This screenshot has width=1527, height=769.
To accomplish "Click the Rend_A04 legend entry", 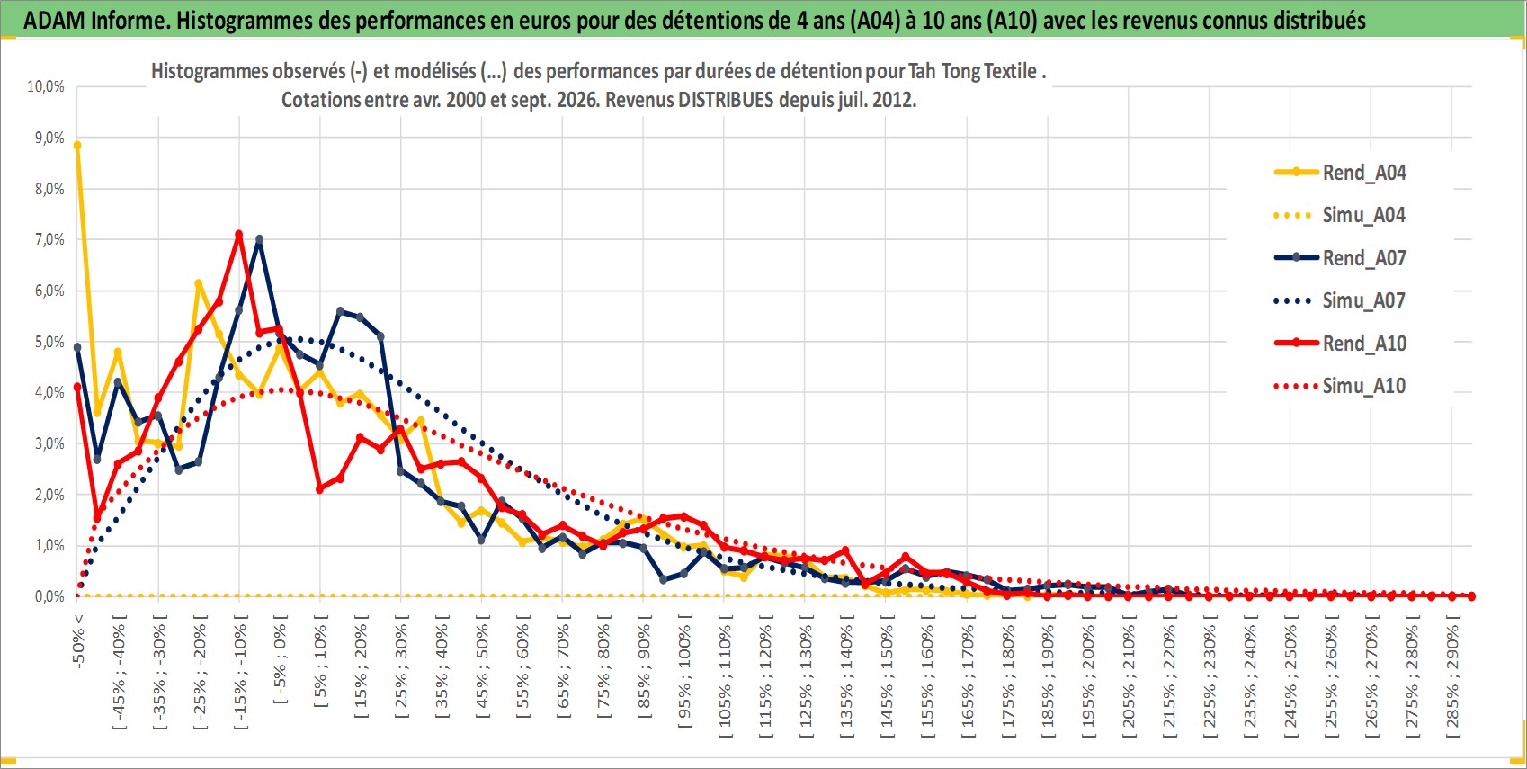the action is click(x=1340, y=173).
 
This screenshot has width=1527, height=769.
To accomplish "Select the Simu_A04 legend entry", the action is click(x=1340, y=216).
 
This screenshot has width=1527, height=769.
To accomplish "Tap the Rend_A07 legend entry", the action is click(x=1340, y=258).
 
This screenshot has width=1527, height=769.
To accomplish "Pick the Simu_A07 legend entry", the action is click(x=1340, y=300).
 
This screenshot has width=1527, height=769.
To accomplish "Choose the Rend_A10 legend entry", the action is click(x=1340, y=344).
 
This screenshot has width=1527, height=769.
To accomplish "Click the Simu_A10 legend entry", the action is click(x=1340, y=386).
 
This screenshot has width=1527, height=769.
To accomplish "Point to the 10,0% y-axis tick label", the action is click(x=46, y=86).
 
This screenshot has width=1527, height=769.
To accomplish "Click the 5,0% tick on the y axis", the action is click(x=49, y=342).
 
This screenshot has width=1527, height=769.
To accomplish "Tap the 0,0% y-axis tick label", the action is click(x=49, y=596).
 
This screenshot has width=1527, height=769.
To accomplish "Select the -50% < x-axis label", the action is click(x=77, y=640).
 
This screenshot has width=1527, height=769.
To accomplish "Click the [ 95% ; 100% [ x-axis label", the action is click(x=683, y=671).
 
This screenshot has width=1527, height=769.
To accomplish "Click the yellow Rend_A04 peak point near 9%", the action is click(x=77, y=145).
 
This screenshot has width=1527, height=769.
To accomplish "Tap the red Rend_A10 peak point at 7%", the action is click(x=238, y=235).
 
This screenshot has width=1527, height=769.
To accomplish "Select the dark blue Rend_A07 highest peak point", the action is click(x=259, y=239).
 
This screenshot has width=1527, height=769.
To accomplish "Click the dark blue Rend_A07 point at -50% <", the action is click(x=77, y=347).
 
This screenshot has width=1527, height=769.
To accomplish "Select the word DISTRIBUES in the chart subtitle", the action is click(x=726, y=100).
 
